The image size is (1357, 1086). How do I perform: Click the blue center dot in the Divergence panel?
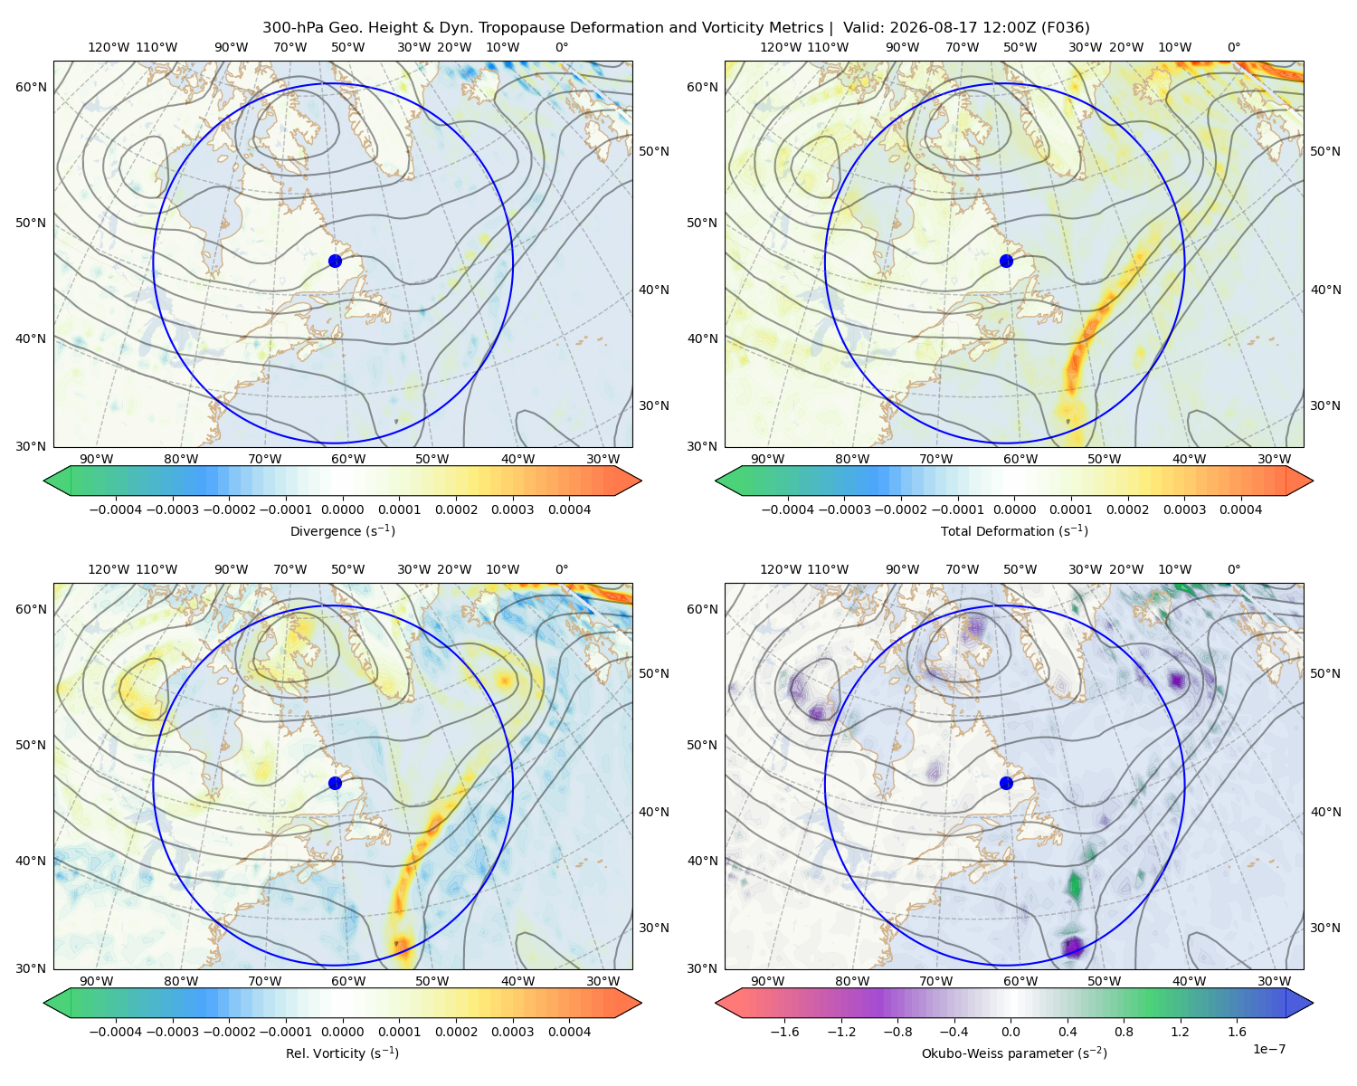(335, 261)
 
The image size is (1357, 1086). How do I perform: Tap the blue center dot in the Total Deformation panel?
(1006, 261)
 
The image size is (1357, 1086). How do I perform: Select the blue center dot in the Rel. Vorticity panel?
(335, 783)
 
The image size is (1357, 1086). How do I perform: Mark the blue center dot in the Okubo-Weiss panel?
(1006, 783)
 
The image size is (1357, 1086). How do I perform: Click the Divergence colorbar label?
(342, 531)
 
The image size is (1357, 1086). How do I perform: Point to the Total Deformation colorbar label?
(1014, 531)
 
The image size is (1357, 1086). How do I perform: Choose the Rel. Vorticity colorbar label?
(342, 1053)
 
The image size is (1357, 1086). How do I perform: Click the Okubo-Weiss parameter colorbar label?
(1014, 1053)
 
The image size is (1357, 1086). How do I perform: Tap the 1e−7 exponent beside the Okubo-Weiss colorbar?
(1268, 1050)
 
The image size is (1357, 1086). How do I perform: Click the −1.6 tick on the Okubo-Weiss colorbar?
(784, 1032)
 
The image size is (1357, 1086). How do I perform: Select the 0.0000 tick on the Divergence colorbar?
(342, 510)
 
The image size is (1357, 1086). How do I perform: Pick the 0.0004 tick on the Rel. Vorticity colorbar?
(569, 1032)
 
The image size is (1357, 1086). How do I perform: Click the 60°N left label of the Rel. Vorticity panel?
(31, 609)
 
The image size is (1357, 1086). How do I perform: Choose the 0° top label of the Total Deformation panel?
(1233, 47)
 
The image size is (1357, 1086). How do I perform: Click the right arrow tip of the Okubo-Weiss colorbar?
(1313, 1003)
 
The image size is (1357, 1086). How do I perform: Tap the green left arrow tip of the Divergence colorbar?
(44, 481)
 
